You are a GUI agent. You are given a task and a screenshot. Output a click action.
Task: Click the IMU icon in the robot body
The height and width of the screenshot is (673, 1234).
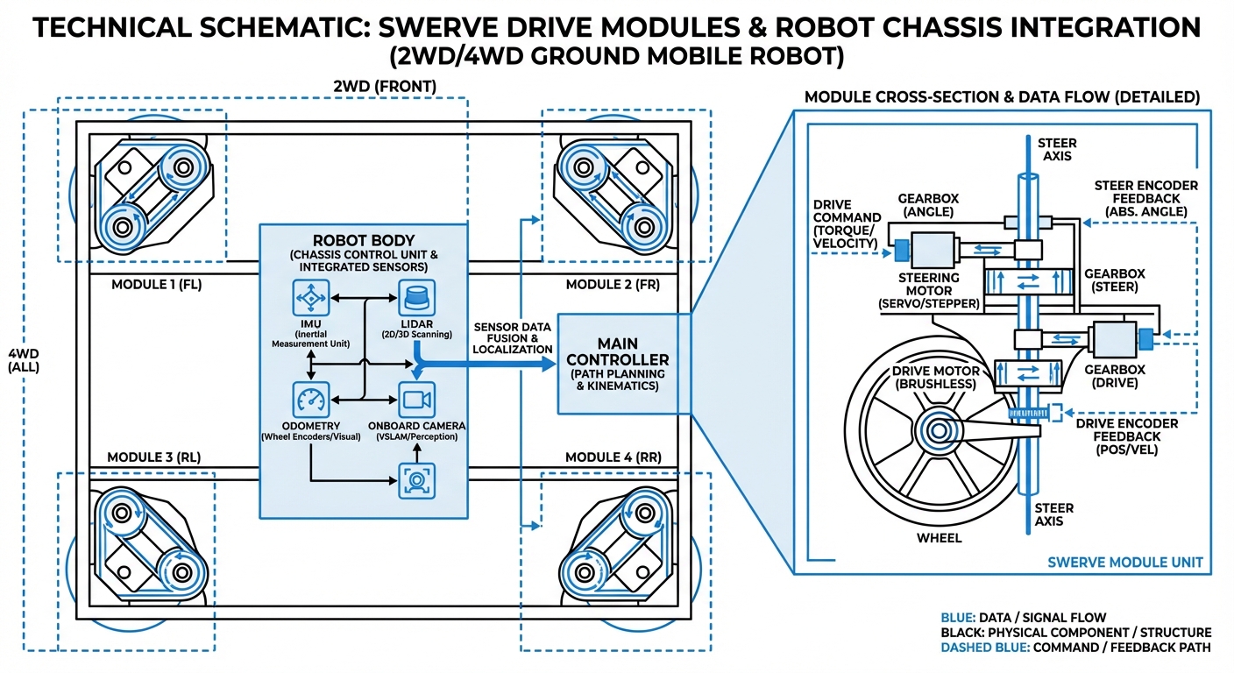pos(311,299)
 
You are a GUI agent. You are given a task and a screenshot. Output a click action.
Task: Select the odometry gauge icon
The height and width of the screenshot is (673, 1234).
pos(311,400)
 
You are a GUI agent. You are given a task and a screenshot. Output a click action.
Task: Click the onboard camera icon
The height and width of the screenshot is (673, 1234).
pos(416,400)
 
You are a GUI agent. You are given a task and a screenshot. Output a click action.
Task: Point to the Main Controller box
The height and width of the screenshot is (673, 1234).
pos(617,363)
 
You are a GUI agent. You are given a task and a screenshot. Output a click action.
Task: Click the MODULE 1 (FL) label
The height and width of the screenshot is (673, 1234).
pos(156,285)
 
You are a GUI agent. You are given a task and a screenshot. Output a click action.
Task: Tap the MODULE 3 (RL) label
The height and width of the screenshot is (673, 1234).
pos(155,457)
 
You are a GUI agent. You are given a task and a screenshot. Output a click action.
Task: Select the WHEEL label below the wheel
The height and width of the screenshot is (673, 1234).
pos(940,537)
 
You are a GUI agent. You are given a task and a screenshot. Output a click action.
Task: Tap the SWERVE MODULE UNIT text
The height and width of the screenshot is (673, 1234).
pos(1125,562)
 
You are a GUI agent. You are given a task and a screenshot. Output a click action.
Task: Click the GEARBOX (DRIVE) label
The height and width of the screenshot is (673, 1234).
pos(1110,376)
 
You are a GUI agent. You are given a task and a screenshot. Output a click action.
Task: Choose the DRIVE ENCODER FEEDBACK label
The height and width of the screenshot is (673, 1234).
pos(1117,436)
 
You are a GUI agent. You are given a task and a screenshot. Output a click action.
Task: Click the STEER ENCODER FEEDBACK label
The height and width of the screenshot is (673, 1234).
pos(1145,198)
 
